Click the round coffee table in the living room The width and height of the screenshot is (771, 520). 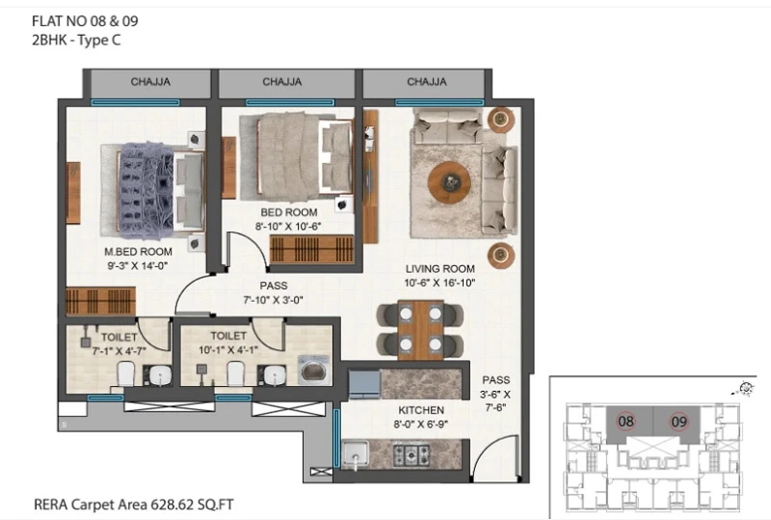(449, 182)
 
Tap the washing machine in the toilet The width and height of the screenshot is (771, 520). (315, 369)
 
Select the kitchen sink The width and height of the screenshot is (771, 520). (356, 454)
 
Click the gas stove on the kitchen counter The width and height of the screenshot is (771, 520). (411, 454)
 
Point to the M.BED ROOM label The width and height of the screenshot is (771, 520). (138, 252)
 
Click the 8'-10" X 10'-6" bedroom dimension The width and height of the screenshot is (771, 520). (287, 227)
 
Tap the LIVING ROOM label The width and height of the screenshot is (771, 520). (440, 269)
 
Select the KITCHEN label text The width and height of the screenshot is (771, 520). (421, 410)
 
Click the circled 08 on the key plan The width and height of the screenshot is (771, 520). (625, 422)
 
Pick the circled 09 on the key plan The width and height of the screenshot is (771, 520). (678, 422)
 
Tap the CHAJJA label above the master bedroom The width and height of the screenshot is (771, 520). (150, 82)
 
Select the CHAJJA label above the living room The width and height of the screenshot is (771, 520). (427, 82)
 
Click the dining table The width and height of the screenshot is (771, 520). (420, 329)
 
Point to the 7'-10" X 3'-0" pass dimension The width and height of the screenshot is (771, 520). (273, 300)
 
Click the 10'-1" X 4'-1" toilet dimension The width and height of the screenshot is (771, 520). (228, 349)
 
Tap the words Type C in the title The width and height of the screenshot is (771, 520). (99, 41)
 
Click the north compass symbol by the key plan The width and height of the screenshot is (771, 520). (746, 389)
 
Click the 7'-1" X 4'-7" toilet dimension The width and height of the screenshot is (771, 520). (119, 351)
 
